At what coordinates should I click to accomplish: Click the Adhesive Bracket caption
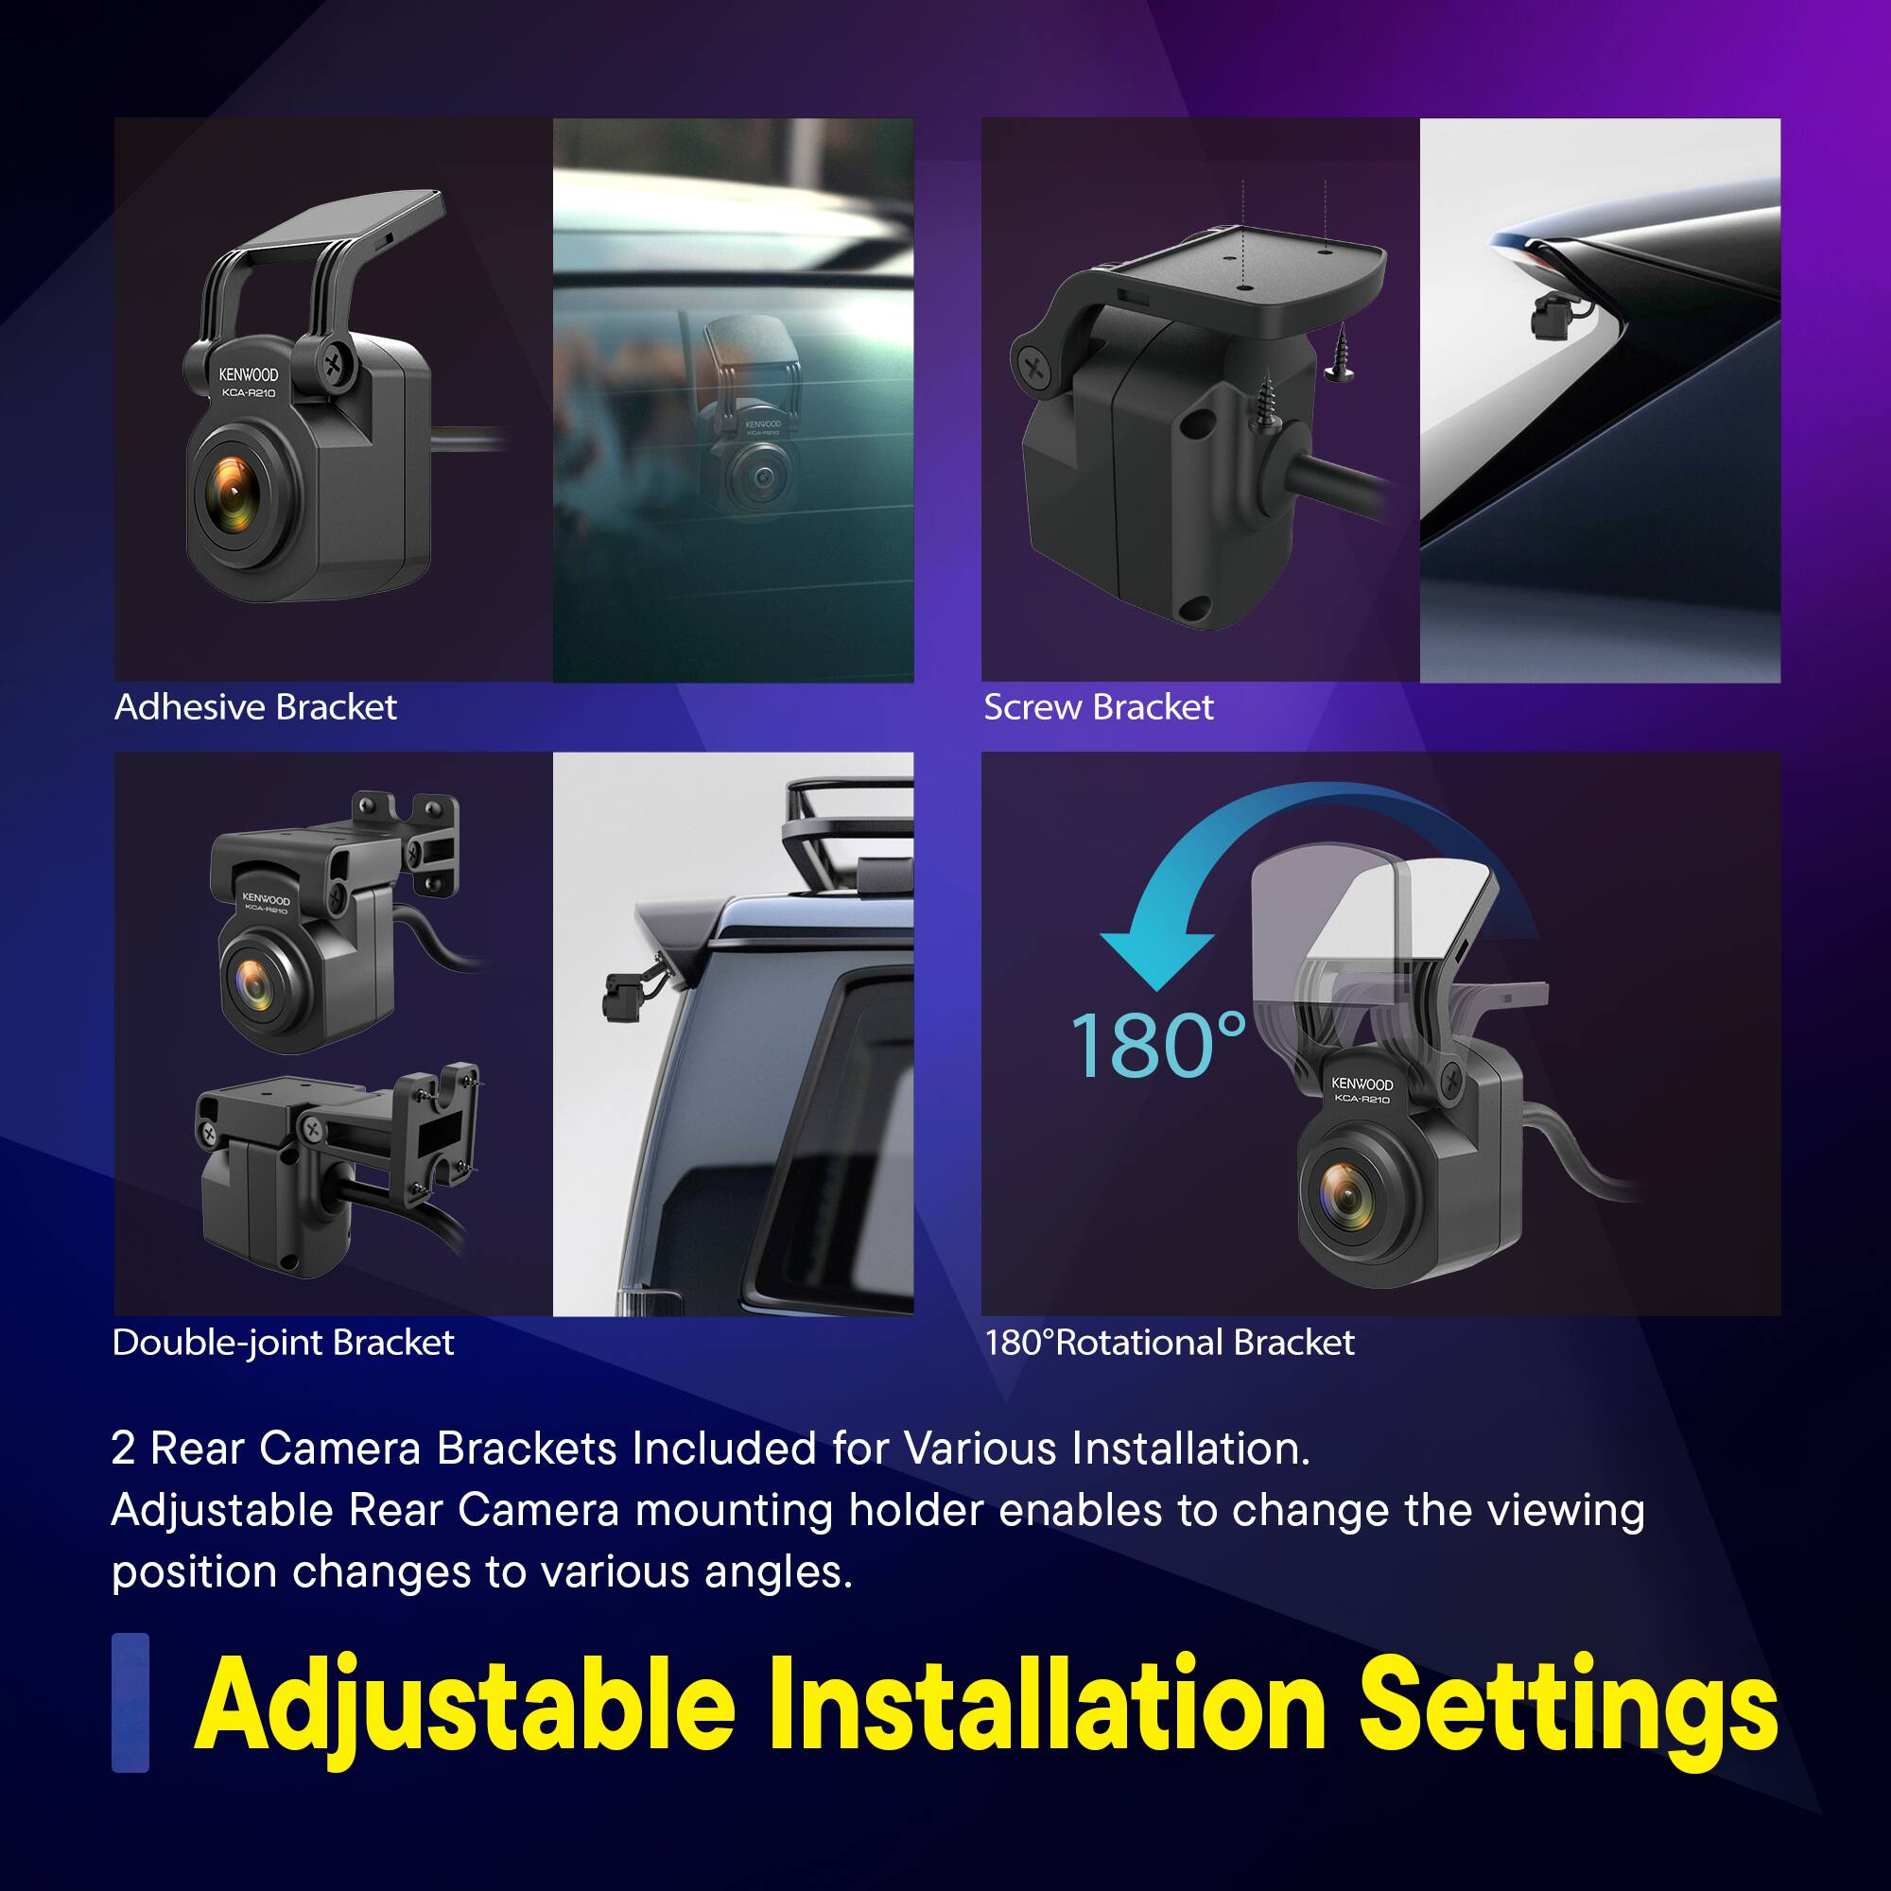click(255, 706)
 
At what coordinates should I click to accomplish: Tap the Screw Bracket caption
click(1098, 706)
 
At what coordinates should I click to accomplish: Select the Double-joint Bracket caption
click(283, 1342)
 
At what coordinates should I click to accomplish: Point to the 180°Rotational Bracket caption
click(1170, 1342)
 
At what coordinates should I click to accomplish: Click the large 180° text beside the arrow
click(1159, 1046)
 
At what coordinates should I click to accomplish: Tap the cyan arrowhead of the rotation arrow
click(1156, 958)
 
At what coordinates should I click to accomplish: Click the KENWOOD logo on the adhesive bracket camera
click(248, 374)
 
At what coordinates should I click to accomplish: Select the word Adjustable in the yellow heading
click(465, 1706)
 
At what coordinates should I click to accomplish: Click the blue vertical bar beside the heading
click(130, 1702)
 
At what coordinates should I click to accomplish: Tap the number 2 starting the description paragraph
click(123, 1449)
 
